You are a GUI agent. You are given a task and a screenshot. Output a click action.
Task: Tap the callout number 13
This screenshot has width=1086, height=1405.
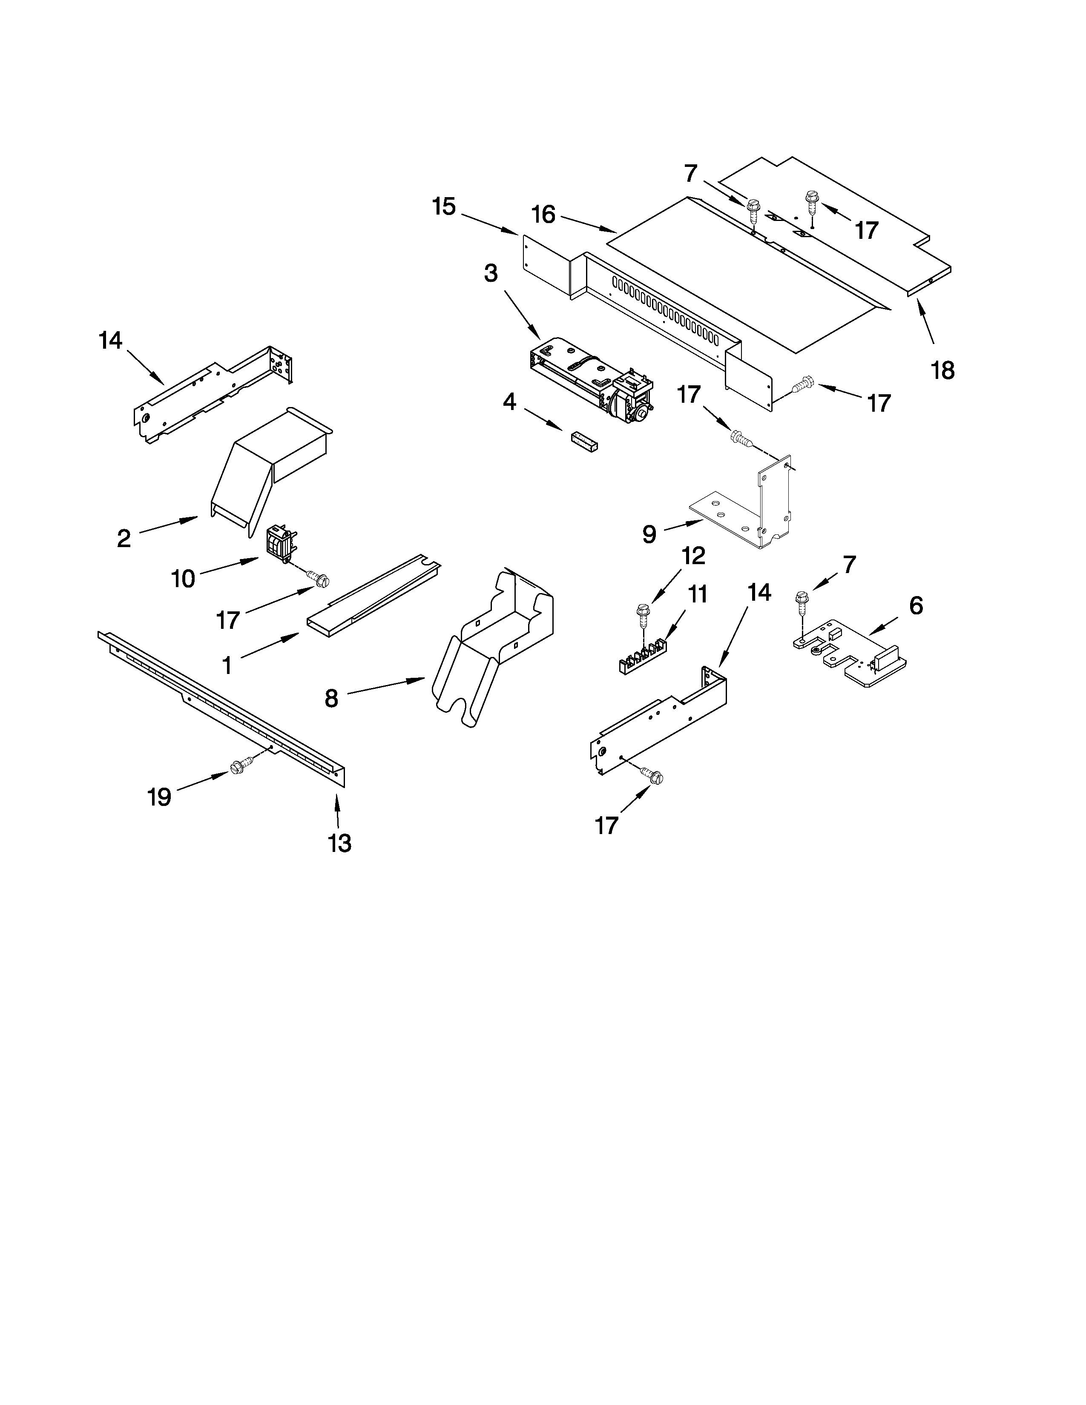[x=340, y=843]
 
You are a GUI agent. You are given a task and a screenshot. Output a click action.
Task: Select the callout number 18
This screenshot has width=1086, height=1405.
[x=942, y=370]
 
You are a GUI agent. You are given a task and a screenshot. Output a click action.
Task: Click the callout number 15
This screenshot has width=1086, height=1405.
[x=444, y=207]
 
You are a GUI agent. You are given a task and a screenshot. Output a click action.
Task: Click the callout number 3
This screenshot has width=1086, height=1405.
[x=491, y=273]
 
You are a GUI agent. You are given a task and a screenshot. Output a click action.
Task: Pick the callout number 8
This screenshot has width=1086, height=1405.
[x=331, y=698]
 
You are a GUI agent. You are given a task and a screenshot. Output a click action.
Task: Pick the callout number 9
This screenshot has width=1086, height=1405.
[x=649, y=533]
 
